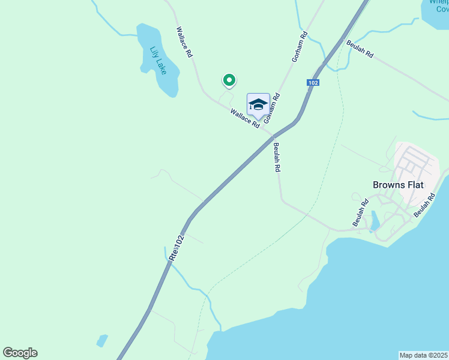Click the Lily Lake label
coord(158,61)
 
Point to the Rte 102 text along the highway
coord(175,247)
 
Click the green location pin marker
coord(229,79)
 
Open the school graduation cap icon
coord(258,104)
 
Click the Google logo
coord(20,353)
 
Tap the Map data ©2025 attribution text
coord(424,355)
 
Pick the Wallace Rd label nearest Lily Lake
coord(184,42)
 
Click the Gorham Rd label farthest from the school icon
coord(299,47)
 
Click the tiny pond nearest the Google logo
coord(102,341)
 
